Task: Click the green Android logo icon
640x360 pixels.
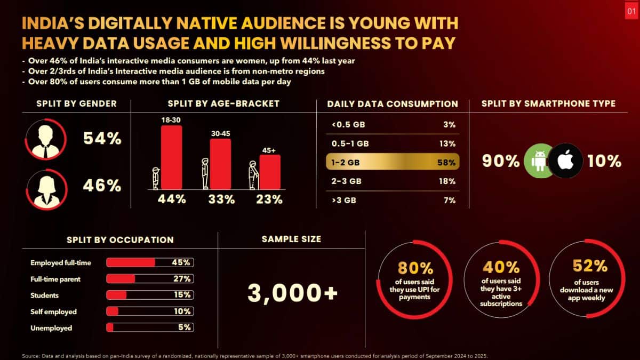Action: [540, 161]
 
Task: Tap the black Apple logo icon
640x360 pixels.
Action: [566, 161]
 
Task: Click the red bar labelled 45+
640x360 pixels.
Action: [270, 172]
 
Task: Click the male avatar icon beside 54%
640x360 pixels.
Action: [45, 140]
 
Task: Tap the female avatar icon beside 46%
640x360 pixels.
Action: [45, 186]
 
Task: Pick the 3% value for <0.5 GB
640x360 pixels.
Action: [449, 125]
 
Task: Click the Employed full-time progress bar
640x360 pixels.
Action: [150, 262]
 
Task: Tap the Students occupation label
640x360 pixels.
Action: [45, 295]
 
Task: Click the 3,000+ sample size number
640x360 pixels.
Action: [293, 292]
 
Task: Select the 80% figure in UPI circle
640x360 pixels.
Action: [414, 268]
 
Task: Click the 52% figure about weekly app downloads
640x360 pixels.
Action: [589, 266]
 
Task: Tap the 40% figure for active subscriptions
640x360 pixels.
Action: [501, 267]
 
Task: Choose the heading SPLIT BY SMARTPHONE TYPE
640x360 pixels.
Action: [548, 103]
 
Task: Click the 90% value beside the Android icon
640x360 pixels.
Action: [501, 161]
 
